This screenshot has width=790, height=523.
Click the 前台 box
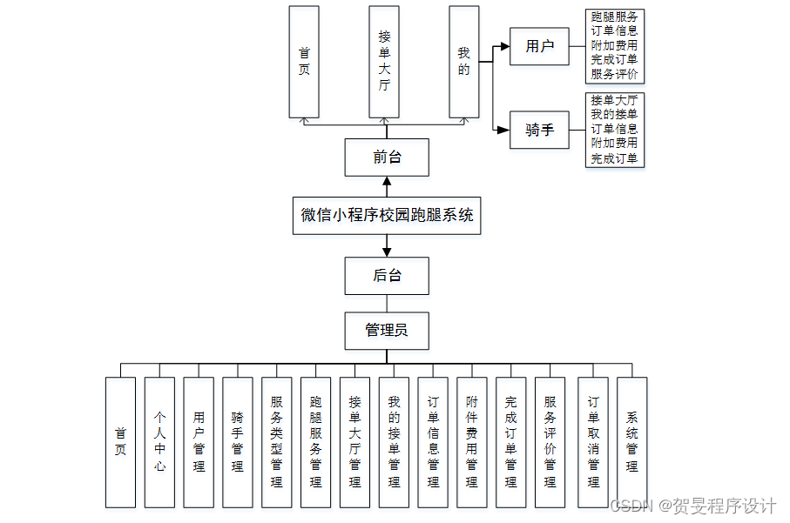(x=387, y=158)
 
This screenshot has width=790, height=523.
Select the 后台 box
(x=387, y=276)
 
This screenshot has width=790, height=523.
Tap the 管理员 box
(x=387, y=331)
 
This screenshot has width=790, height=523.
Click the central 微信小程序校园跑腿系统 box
(x=387, y=216)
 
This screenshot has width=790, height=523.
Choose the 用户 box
(x=539, y=46)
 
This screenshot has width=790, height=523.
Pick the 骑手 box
(x=539, y=130)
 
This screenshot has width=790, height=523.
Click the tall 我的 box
(x=464, y=62)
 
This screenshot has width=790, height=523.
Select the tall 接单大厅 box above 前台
(x=384, y=62)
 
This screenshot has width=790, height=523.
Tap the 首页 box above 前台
(x=304, y=62)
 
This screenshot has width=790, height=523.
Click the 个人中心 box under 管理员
(x=159, y=442)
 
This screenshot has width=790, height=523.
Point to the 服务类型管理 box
(x=277, y=442)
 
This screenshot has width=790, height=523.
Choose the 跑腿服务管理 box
(x=316, y=442)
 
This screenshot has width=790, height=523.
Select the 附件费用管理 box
(x=472, y=442)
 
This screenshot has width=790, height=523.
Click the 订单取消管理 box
(x=593, y=442)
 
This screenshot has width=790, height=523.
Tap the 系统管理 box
(x=631, y=442)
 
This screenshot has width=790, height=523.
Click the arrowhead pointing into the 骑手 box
(x=503, y=130)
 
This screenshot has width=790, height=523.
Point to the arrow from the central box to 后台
(x=387, y=245)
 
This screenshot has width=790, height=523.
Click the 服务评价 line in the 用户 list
(x=614, y=74)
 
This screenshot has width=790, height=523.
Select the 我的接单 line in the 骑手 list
(x=614, y=114)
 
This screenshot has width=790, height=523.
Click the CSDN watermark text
(x=692, y=506)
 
